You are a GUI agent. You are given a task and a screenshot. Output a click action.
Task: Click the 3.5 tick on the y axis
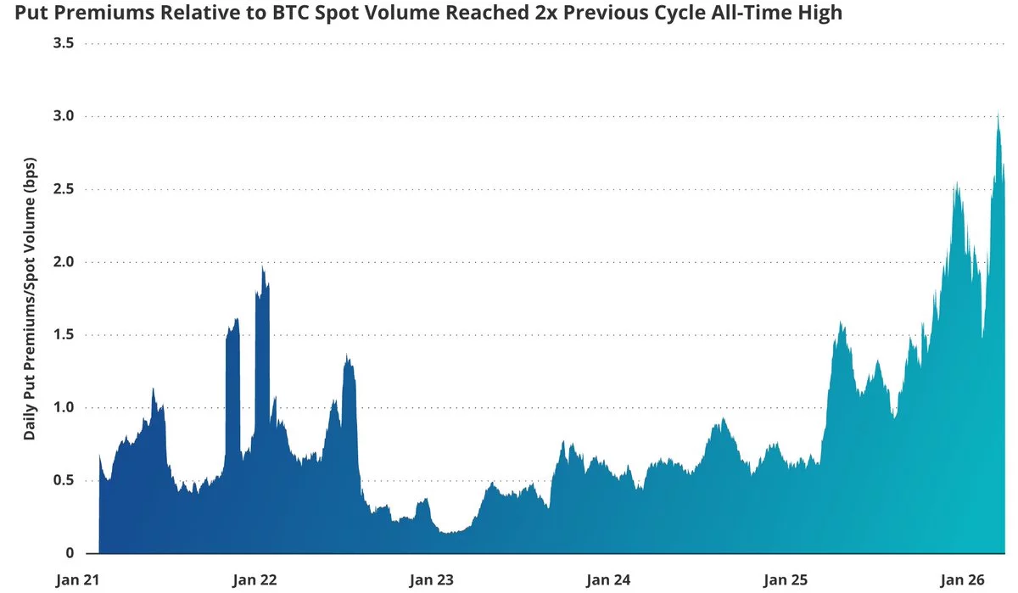[x=64, y=42]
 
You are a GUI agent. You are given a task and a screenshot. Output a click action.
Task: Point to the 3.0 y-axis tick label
[x=64, y=115]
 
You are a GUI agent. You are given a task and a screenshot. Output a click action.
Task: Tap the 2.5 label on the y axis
[x=64, y=188]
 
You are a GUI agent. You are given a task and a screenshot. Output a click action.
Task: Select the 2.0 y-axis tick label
[x=64, y=261]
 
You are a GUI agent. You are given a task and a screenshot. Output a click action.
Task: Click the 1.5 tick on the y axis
[x=64, y=334]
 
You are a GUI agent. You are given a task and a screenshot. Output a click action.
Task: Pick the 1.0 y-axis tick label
[x=64, y=407]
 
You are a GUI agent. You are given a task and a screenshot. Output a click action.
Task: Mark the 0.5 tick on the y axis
[x=64, y=480]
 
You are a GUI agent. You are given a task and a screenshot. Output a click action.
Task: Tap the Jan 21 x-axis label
[x=79, y=580]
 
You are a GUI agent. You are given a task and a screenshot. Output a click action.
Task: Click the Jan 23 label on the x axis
[x=433, y=580]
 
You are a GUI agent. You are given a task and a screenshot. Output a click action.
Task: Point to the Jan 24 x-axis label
[x=609, y=580]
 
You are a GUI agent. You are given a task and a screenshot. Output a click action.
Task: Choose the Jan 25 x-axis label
[x=786, y=580]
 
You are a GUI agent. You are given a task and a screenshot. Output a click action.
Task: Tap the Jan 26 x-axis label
[x=963, y=580]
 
